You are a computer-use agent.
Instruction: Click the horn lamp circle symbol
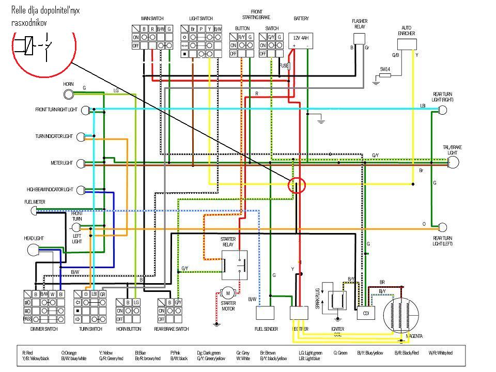69,94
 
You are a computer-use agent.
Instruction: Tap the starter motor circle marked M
227,293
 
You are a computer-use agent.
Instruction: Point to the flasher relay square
360,39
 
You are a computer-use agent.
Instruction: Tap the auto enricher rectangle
407,43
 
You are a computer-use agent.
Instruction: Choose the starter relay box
235,265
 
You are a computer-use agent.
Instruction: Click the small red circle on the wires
297,185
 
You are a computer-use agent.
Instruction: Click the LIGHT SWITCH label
201,19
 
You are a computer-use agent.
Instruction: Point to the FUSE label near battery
283,66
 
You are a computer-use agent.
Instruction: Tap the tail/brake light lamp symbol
453,163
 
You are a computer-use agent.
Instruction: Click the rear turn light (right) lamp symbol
442,110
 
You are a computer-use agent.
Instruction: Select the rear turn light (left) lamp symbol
442,227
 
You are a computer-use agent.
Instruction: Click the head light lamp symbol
33,251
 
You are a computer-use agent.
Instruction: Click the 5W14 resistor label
385,69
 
